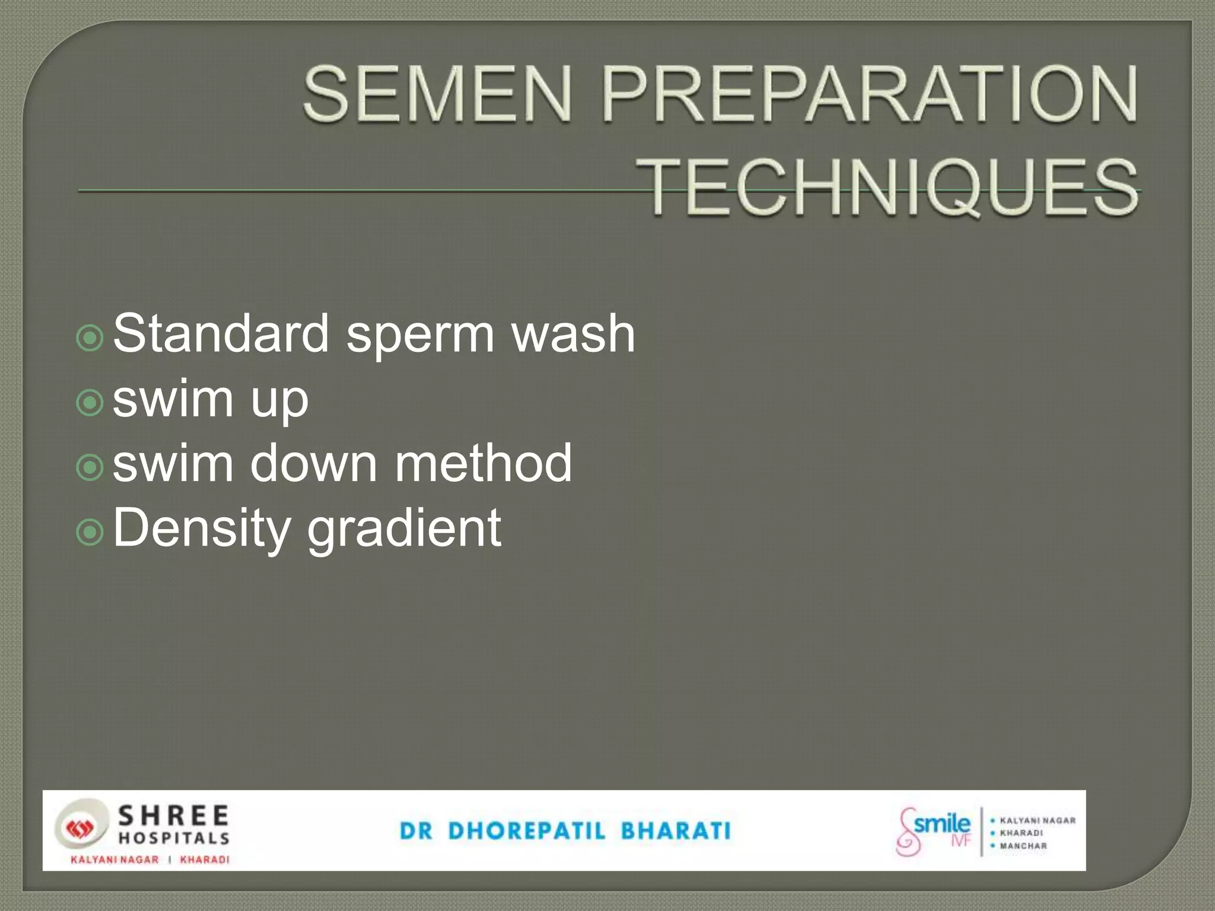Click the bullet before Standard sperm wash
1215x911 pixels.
[90, 338]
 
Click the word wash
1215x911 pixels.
[573, 333]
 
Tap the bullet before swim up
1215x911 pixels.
[90, 403]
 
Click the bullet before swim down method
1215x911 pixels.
[90, 468]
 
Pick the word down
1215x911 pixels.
[314, 463]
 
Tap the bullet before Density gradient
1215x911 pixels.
[90, 533]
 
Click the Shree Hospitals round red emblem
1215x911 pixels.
[79, 829]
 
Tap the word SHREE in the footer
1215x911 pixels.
[174, 816]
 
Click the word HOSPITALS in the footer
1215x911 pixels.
[174, 838]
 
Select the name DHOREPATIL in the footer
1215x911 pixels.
[527, 831]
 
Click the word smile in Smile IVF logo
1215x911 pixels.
[942, 824]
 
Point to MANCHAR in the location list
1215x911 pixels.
[1023, 846]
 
